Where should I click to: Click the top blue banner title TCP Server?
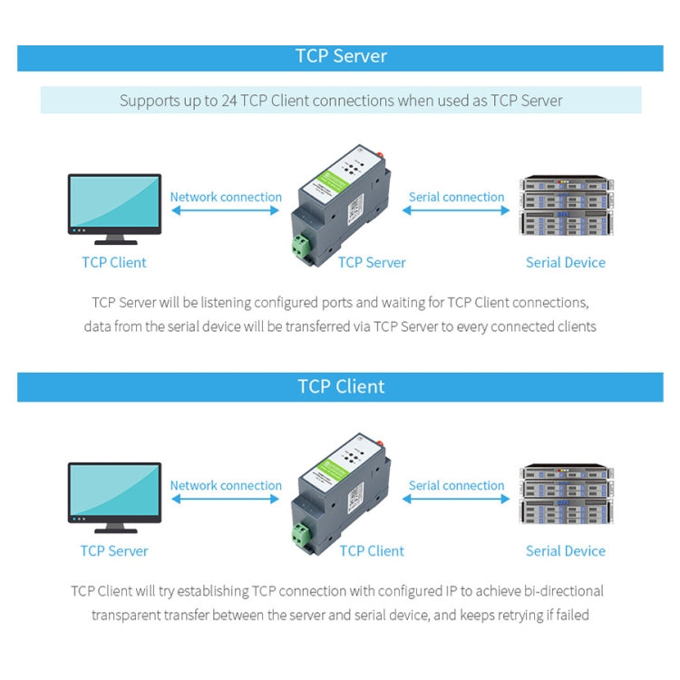pyautogui.click(x=341, y=56)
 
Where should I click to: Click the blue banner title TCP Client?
pyautogui.click(x=341, y=386)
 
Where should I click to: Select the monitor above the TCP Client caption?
pyautogui.click(x=114, y=209)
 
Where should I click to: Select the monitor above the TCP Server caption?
pyautogui.click(x=114, y=497)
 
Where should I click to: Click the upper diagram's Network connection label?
pyautogui.click(x=226, y=197)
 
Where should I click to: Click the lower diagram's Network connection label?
pyautogui.click(x=226, y=485)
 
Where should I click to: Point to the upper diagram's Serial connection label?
pyautogui.click(x=456, y=197)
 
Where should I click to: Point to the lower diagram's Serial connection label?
pyautogui.click(x=456, y=485)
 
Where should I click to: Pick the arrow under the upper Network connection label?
pyautogui.click(x=226, y=211)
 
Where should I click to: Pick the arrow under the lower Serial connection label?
pyautogui.click(x=456, y=500)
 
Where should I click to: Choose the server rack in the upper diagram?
pyautogui.click(x=566, y=207)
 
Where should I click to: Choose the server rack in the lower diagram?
pyautogui.click(x=566, y=495)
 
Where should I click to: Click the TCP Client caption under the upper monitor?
pyautogui.click(x=114, y=263)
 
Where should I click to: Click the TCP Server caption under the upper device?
pyautogui.click(x=372, y=263)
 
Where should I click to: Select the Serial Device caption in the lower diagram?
pyautogui.click(x=566, y=551)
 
